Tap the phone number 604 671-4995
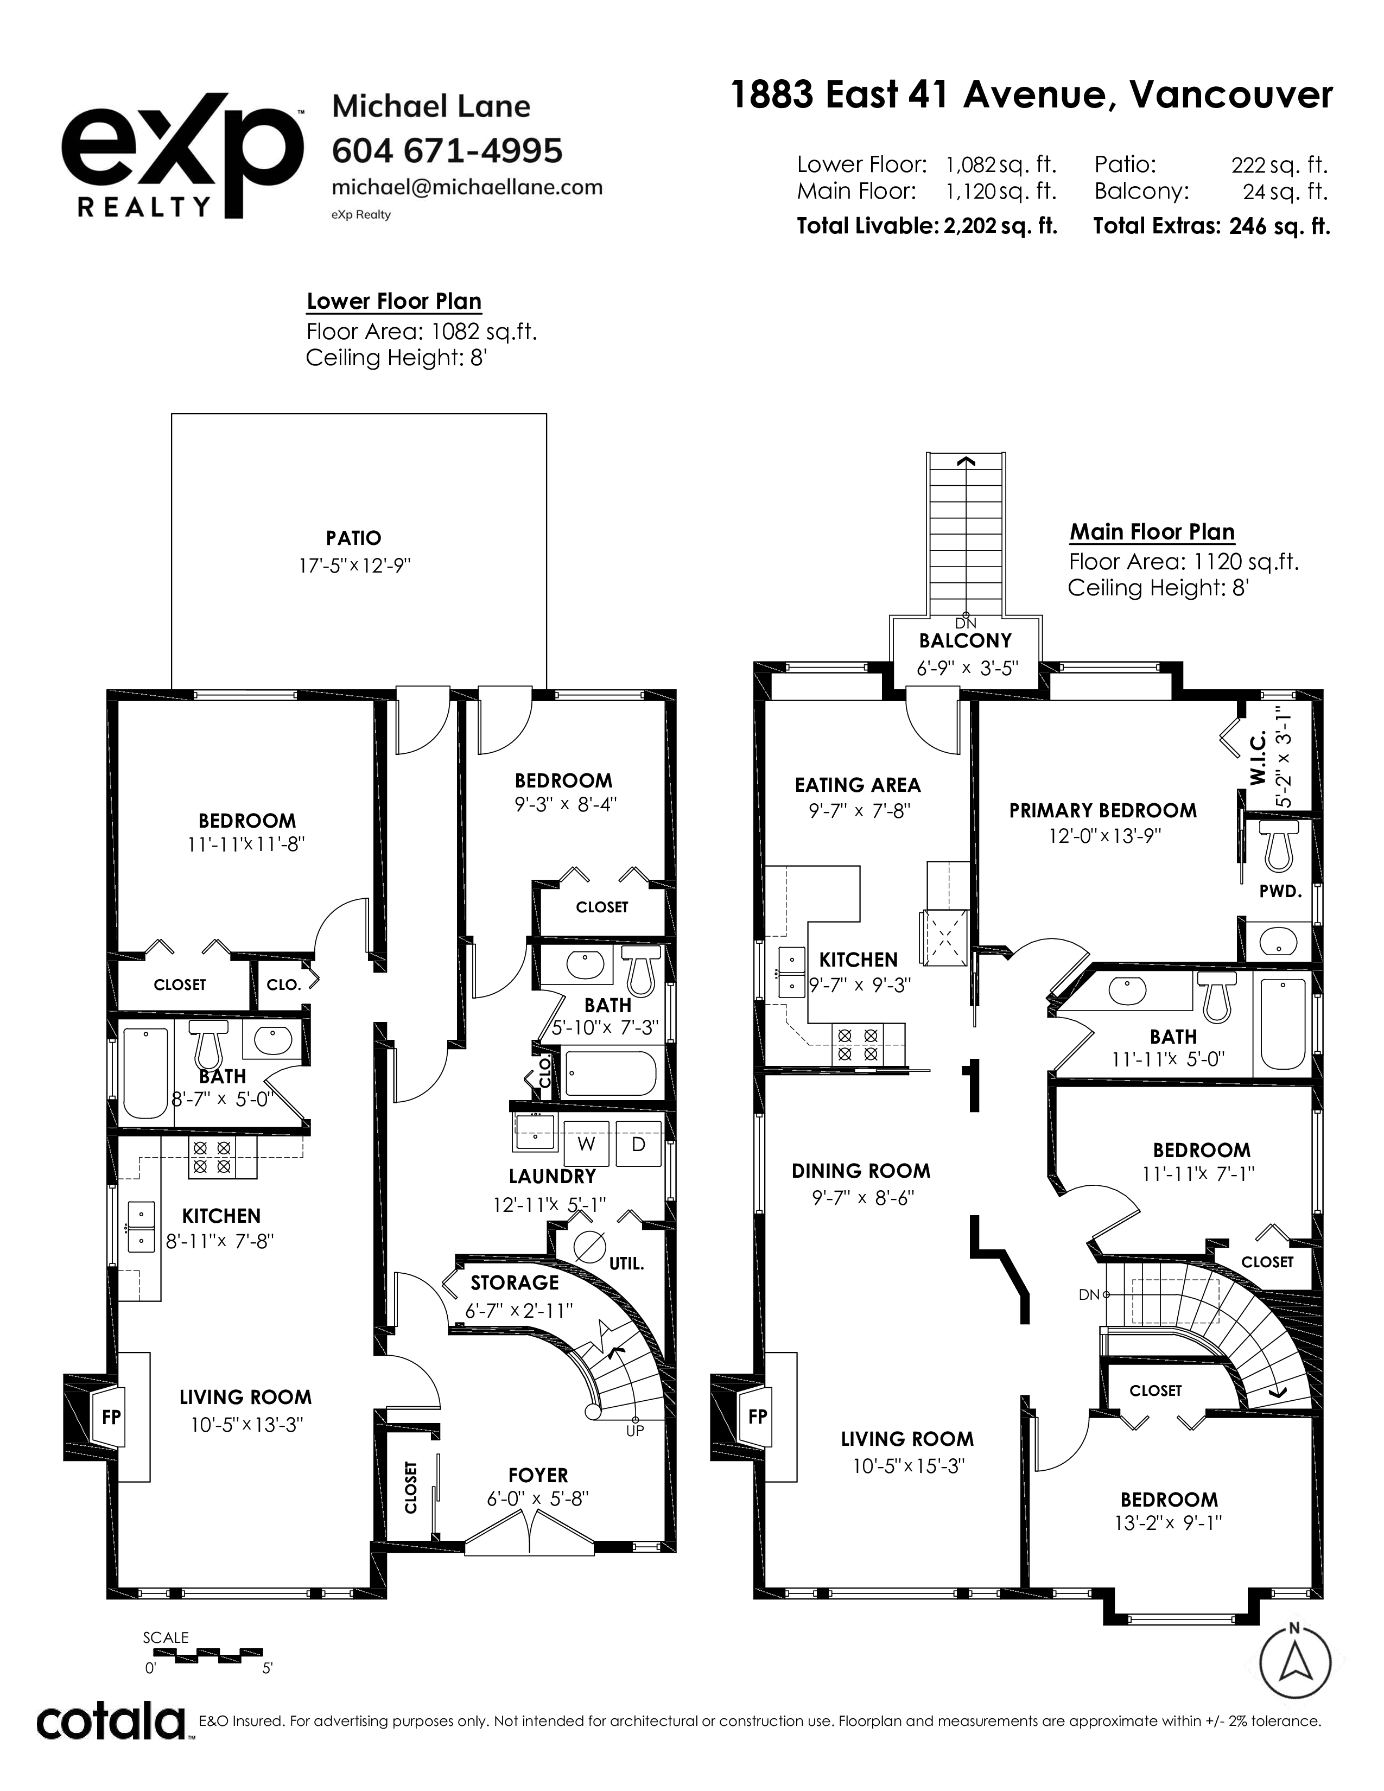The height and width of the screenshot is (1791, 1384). (x=447, y=151)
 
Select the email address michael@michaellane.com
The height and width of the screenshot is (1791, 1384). (x=467, y=187)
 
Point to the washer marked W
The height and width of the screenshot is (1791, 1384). (x=586, y=1143)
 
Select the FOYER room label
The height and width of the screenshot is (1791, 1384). (x=538, y=1475)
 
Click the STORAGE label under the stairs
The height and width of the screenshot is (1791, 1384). (x=514, y=1282)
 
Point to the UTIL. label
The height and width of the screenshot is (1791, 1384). (x=626, y=1263)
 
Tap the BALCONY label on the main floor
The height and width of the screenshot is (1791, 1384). (x=965, y=640)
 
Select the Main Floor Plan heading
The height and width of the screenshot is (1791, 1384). (x=1152, y=532)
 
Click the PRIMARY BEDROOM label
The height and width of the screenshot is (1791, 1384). (x=1103, y=810)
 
